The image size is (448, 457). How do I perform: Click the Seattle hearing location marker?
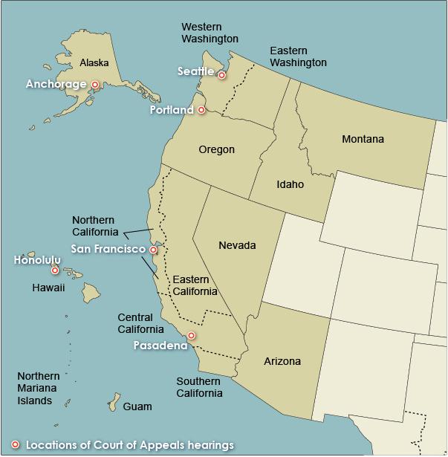pyautogui.click(x=221, y=75)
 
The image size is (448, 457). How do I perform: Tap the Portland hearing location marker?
pyautogui.click(x=201, y=110)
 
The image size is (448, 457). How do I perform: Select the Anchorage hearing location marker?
pyautogui.click(x=95, y=85)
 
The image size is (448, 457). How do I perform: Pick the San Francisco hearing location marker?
pyautogui.click(x=154, y=250)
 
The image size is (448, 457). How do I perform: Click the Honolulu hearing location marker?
pyautogui.click(x=55, y=270)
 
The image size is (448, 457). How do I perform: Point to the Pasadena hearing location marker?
pyautogui.click(x=191, y=336)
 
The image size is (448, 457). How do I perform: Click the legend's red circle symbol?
pyautogui.click(x=15, y=444)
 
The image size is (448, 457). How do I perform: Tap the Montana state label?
pyautogui.click(x=363, y=139)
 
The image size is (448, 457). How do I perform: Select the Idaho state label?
pyautogui.click(x=290, y=184)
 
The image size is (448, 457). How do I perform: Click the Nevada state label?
pyautogui.click(x=237, y=245)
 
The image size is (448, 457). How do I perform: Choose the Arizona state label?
pyautogui.click(x=282, y=361)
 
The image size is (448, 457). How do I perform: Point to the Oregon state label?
pyautogui.click(x=216, y=149)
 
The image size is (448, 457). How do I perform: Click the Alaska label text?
pyautogui.click(x=94, y=62)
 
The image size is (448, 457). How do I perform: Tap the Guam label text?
pyautogui.click(x=137, y=406)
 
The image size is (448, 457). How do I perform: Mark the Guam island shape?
pyautogui.click(x=114, y=402)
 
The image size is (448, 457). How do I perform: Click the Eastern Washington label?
pyautogui.click(x=298, y=56)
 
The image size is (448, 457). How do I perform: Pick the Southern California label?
pyautogui.click(x=198, y=387)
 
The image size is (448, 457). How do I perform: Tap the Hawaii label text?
pyautogui.click(x=48, y=287)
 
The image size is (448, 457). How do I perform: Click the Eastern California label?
pyautogui.click(x=195, y=285)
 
